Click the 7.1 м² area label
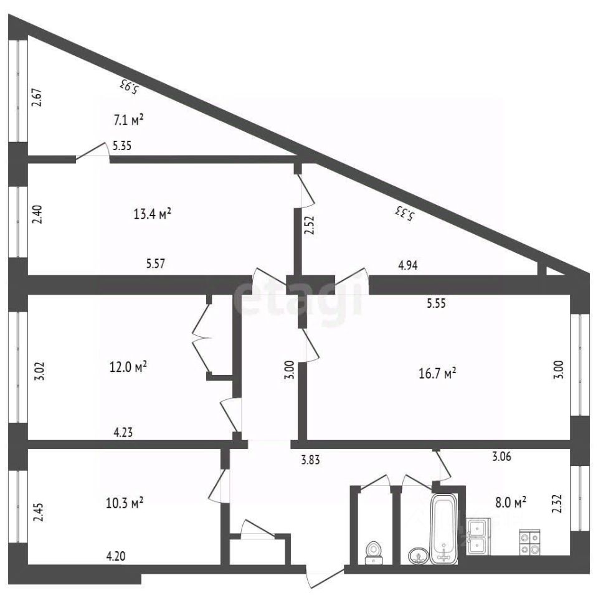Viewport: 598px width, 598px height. point(128,120)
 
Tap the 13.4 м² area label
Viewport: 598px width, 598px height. point(152,214)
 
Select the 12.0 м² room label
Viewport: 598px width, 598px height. point(128,367)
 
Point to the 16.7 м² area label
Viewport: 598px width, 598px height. point(437,373)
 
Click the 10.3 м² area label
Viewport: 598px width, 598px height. point(125,503)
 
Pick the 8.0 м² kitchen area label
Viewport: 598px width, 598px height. point(511,502)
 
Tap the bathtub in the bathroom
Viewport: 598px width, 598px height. point(444,529)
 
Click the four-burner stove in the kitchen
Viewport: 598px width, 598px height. point(529,543)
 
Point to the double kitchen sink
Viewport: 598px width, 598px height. point(478,536)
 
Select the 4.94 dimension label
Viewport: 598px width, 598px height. point(407,265)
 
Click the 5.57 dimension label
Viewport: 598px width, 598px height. point(155,263)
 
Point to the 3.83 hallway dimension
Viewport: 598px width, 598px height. point(310,460)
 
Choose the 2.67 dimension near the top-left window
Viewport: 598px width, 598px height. point(37,97)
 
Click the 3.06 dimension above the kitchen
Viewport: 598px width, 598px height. point(501,456)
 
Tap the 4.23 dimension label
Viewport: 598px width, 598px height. point(123,432)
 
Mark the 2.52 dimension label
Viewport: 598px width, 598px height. point(310,225)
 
